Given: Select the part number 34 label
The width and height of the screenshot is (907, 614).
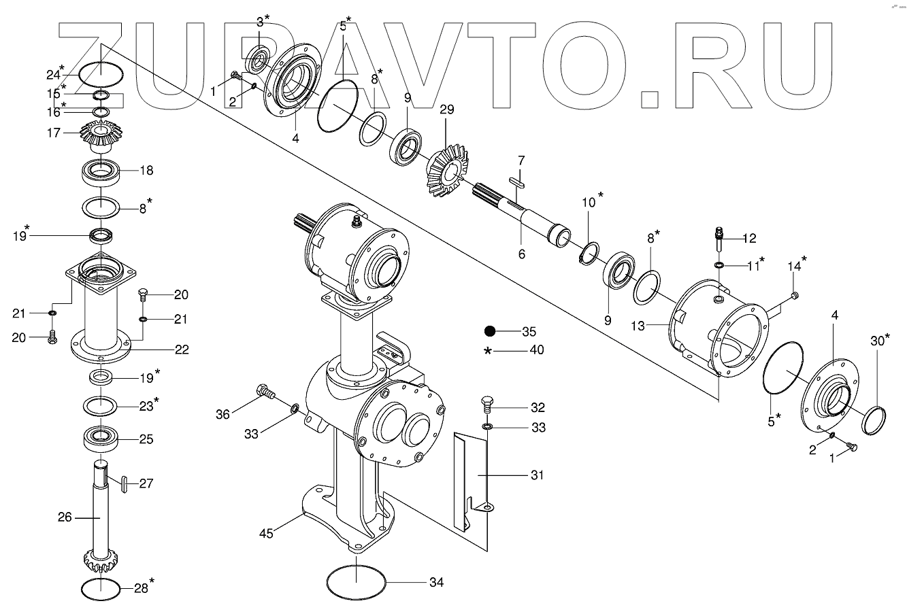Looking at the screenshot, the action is coord(436,583).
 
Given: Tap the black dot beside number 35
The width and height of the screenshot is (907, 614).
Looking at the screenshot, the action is coord(490,332).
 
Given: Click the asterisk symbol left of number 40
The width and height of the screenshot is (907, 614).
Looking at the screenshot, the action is coord(488,351).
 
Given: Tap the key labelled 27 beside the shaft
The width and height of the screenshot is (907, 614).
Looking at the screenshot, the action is coord(123,483).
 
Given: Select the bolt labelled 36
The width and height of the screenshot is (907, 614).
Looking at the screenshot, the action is coord(265,392).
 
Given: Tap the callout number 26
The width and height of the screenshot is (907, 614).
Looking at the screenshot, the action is coord(65,517).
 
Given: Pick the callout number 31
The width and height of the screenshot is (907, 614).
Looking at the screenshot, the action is coord(537,475).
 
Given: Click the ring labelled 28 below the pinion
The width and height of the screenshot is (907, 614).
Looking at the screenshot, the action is coord(101,588).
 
